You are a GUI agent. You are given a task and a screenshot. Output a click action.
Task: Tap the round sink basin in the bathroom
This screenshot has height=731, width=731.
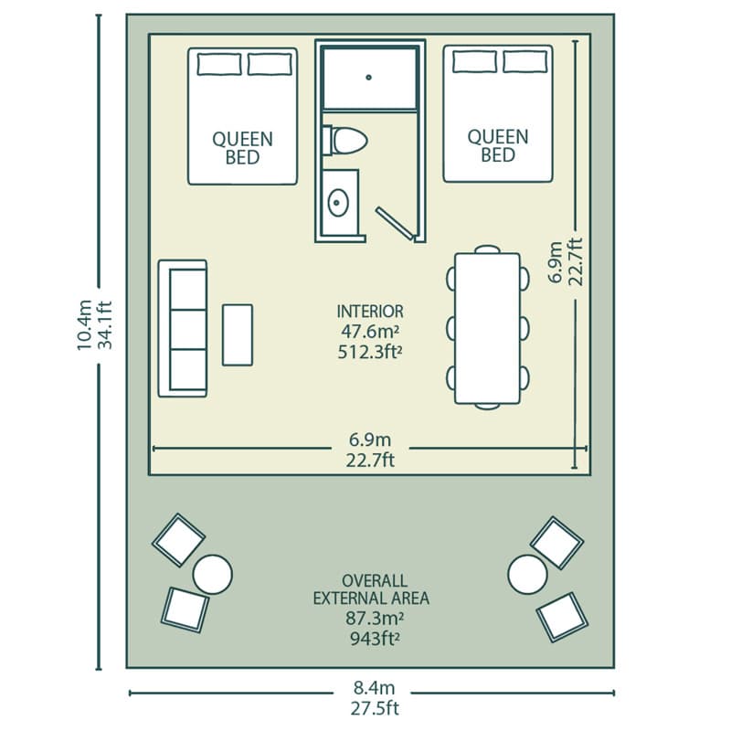[338, 202]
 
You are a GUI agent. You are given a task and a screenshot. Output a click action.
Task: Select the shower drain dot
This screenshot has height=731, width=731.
[369, 78]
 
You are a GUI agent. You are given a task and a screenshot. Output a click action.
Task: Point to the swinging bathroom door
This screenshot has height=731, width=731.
[395, 224]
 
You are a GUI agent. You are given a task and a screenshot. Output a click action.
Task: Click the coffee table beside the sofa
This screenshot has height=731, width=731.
[238, 334]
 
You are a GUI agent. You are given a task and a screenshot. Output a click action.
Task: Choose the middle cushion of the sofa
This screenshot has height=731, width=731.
[188, 329]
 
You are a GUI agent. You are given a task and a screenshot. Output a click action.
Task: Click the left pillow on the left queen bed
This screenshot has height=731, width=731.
[219, 64]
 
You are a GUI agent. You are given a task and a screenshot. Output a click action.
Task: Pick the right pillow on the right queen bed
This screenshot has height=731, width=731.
[524, 61]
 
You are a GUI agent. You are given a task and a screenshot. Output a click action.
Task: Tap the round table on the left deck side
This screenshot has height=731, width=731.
[213, 575]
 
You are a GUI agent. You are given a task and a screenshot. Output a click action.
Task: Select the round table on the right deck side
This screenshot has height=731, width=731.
[527, 575]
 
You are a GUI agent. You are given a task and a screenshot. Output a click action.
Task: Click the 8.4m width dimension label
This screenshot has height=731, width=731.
[374, 688]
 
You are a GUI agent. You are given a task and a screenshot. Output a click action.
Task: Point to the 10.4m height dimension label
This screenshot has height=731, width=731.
[84, 324]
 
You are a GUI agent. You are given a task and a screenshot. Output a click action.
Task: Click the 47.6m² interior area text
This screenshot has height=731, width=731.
[370, 332]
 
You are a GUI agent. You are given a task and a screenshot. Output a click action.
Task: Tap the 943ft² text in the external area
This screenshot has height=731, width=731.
[375, 638]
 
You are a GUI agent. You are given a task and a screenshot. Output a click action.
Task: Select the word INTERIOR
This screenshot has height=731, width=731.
[370, 312]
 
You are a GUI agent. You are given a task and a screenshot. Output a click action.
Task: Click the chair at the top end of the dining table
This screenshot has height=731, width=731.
[487, 249]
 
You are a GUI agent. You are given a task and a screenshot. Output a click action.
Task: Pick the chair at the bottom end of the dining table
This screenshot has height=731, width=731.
[487, 406]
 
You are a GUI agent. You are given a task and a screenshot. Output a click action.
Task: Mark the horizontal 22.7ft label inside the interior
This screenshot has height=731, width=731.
[370, 461]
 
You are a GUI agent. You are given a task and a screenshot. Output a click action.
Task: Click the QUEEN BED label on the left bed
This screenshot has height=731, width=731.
[242, 148]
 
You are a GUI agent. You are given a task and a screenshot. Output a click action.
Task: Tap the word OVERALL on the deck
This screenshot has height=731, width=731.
[375, 580]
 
